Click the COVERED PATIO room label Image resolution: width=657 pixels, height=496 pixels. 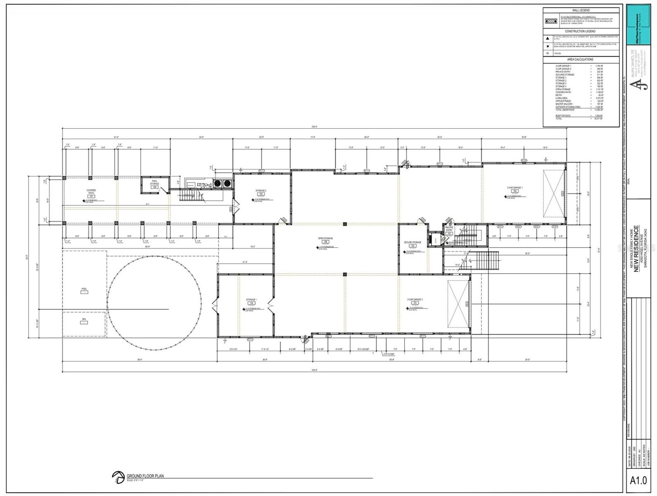click(x=91, y=192)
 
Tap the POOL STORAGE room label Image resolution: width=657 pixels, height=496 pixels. click(x=155, y=183)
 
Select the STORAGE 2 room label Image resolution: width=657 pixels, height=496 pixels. click(x=261, y=191)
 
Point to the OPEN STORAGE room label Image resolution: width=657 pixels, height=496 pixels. click(x=326, y=238)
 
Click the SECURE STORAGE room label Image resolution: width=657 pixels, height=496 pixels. click(x=412, y=243)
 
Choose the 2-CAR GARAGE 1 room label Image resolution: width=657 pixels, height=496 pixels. click(x=515, y=188)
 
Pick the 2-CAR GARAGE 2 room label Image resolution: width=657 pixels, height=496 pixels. click(x=415, y=299)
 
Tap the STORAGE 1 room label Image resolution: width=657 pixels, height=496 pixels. click(x=251, y=300)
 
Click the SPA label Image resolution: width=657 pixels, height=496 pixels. click(x=83, y=319)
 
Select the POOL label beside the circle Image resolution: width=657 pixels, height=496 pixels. click(x=84, y=289)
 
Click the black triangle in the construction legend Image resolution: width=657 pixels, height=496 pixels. click(x=548, y=38)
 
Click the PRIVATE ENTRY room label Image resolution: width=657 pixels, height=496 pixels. click(x=449, y=229)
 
